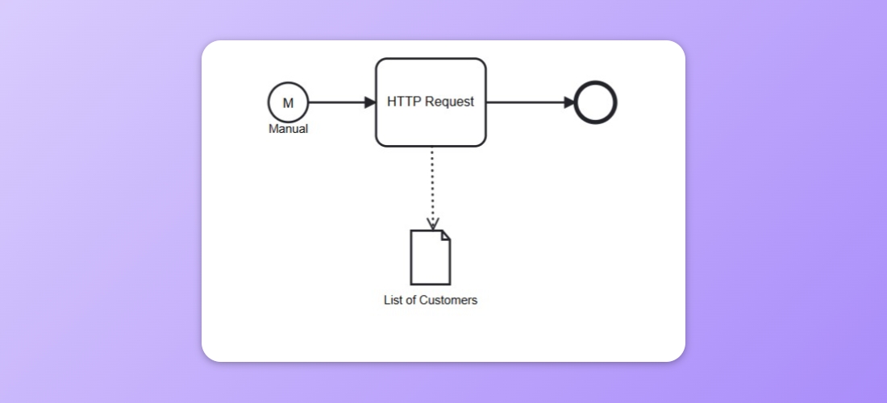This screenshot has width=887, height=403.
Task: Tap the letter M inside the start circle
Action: pos(288,103)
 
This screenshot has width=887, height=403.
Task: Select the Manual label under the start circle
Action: pos(288,129)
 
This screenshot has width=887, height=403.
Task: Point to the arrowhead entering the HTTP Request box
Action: pos(370,102)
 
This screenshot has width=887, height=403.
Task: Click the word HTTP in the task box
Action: pos(404,102)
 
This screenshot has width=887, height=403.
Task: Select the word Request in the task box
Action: pos(449,102)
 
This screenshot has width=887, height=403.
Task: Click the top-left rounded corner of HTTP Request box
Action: pos(380,62)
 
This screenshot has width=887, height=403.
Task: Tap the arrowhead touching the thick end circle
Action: pos(569,102)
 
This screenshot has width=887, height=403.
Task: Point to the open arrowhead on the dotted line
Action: pos(432,224)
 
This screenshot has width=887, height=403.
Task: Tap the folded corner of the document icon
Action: pos(445,235)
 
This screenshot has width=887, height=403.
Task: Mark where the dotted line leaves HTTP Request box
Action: pos(432,147)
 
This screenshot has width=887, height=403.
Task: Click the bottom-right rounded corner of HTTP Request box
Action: pos(482,143)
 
